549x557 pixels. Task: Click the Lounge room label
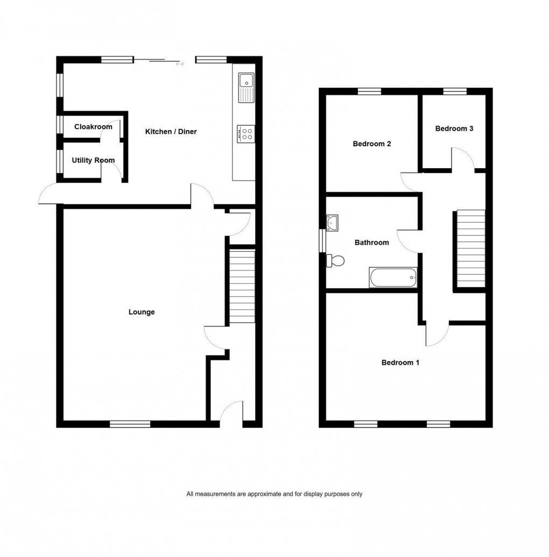tap(142, 312)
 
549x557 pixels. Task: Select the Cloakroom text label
tap(93, 127)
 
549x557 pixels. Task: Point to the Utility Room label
tap(93, 160)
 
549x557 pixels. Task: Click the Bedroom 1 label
tap(400, 362)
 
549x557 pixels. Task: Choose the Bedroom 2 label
tap(371, 144)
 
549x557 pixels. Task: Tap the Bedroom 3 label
tap(454, 128)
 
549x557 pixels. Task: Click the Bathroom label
tap(371, 242)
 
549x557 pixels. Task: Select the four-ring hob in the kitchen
tap(247, 133)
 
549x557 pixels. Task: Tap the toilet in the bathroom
tap(335, 261)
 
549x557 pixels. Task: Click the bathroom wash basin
tap(332, 222)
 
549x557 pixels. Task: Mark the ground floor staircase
tap(242, 286)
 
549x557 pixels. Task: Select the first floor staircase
tap(471, 249)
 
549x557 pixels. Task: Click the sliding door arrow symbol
tap(180, 65)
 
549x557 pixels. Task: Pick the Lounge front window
tap(130, 424)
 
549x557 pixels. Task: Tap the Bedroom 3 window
tap(455, 91)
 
